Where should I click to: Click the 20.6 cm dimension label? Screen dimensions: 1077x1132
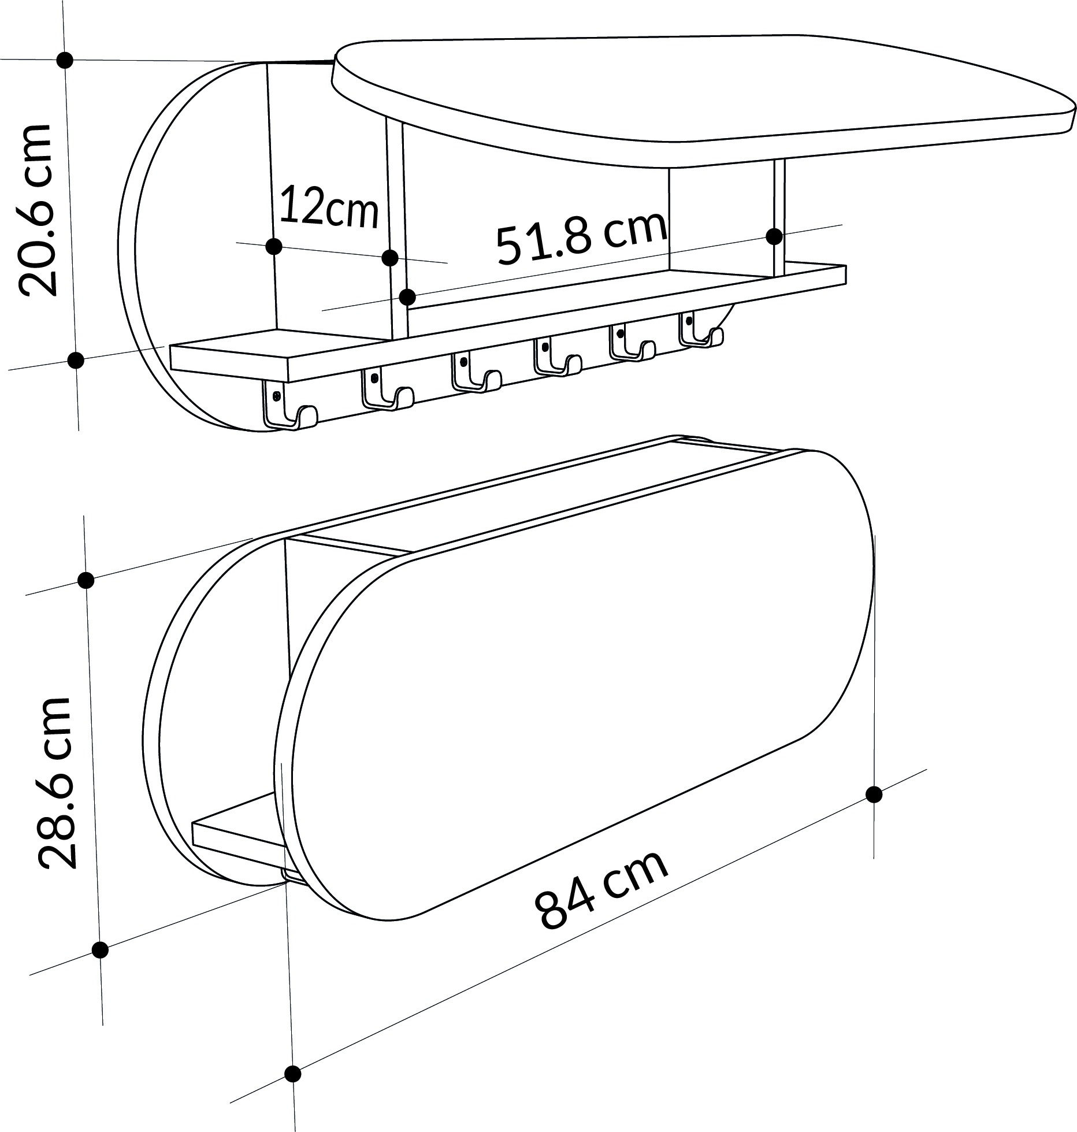tap(38, 217)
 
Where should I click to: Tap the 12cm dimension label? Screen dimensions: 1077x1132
tap(329, 205)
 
